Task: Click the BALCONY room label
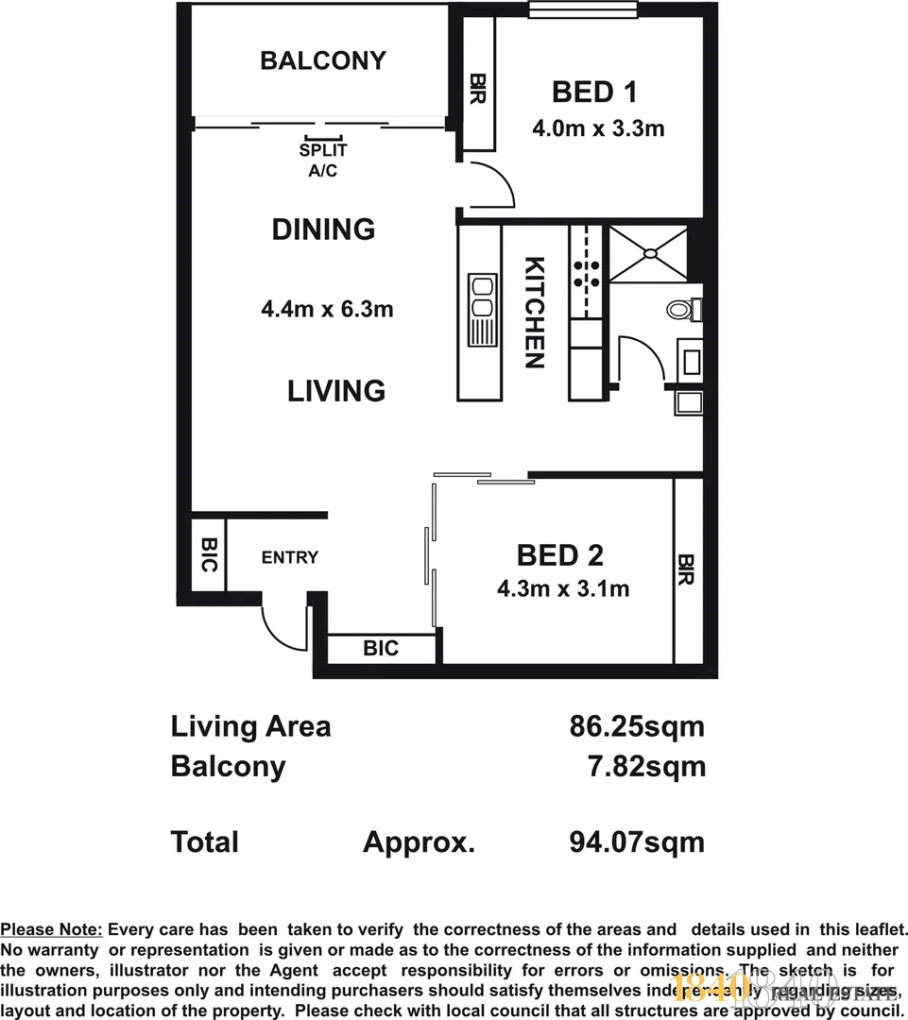(323, 60)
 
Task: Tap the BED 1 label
(594, 92)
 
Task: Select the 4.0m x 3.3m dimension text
(598, 127)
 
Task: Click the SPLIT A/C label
(323, 160)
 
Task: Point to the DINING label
(323, 229)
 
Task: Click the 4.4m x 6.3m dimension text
(327, 308)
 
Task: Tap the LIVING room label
(336, 390)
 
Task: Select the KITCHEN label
(534, 313)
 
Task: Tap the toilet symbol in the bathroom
(682, 309)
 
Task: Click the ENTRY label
(290, 557)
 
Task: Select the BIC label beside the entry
(209, 554)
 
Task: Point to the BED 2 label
(560, 554)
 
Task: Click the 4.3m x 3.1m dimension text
(563, 589)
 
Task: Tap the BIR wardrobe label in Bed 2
(687, 569)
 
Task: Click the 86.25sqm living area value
(637, 727)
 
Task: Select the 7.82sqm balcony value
(646, 766)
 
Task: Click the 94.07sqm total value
(637, 841)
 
